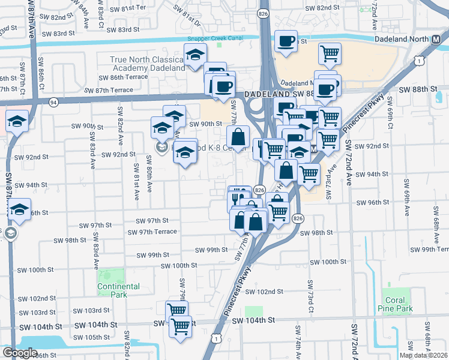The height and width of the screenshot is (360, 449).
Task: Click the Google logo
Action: click(x=19, y=353)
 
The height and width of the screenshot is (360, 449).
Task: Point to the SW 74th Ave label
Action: click(x=298, y=343)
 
